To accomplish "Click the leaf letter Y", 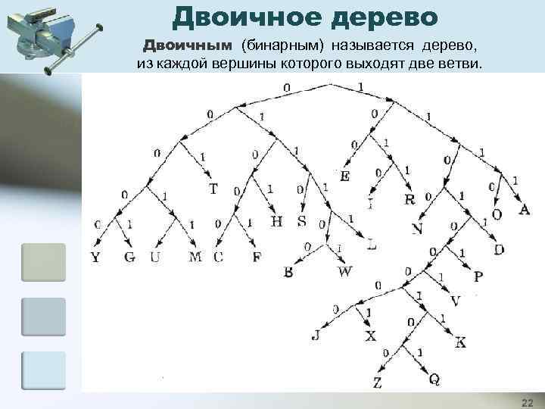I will pyautogui.click(x=95, y=258).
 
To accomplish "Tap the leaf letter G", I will pyautogui.click(x=129, y=258).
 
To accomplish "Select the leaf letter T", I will pyautogui.click(x=213, y=189).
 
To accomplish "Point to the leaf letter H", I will pyautogui.click(x=276, y=222).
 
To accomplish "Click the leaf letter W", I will pyautogui.click(x=345, y=271).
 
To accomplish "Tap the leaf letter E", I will pyautogui.click(x=345, y=176).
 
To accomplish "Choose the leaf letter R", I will pyautogui.click(x=410, y=200).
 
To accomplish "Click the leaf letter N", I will pyautogui.click(x=417, y=229).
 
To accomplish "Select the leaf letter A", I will pyautogui.click(x=524, y=210).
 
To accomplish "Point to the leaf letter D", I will pyautogui.click(x=499, y=250).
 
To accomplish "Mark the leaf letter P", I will pyautogui.click(x=478, y=278).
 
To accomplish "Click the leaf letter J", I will pyautogui.click(x=316, y=336).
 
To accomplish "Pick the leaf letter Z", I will pyautogui.click(x=377, y=382).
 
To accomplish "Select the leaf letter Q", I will pyautogui.click(x=434, y=379).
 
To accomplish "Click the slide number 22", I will pyautogui.click(x=527, y=401).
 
